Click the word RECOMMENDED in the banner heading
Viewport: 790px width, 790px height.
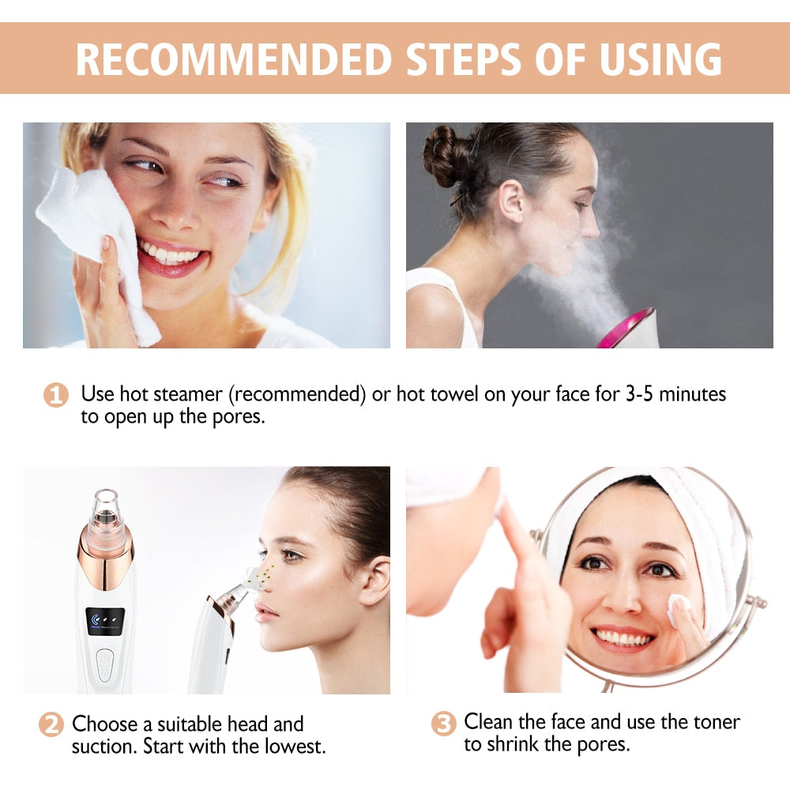pyautogui.click(x=234, y=59)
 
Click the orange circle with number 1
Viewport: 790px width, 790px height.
pyautogui.click(x=55, y=394)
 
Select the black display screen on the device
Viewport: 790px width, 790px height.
pyautogui.click(x=104, y=621)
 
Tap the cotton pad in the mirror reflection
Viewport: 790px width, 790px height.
pyautogui.click(x=679, y=607)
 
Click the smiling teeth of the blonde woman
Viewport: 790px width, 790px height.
pyautogui.click(x=170, y=255)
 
